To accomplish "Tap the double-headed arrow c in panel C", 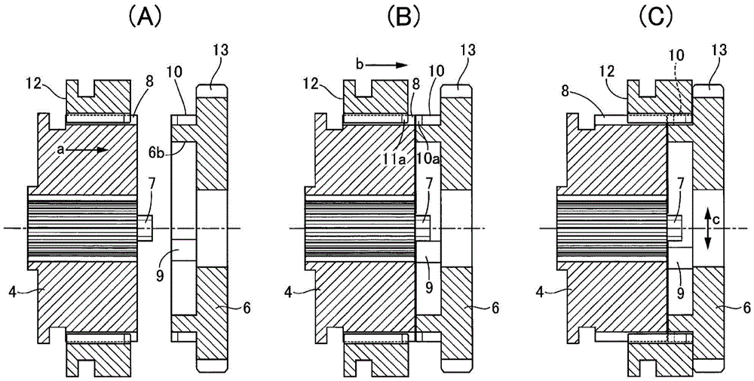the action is [708, 229].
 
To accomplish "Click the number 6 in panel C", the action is [745, 309].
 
